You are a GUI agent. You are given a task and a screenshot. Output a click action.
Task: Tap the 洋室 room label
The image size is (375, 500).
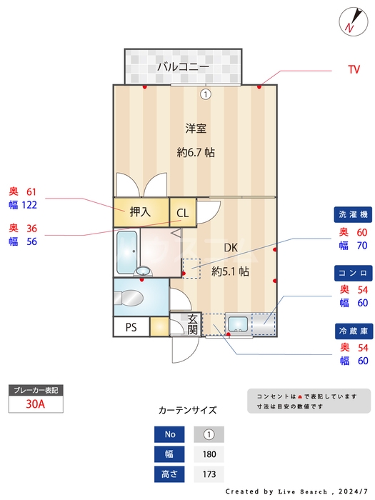pos(196,129)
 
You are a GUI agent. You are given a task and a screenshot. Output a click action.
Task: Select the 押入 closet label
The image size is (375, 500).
pos(140,211)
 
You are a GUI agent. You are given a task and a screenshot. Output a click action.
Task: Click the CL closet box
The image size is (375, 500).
pos(183,212)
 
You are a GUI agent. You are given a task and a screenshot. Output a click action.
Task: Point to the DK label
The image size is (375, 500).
pos(231,247)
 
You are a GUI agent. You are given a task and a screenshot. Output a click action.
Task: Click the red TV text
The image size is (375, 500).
pos(354,70)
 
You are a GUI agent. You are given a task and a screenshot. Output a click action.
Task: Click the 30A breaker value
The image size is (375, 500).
pos(35,404)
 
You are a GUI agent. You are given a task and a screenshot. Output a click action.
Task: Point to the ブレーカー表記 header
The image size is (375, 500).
pos(36,390)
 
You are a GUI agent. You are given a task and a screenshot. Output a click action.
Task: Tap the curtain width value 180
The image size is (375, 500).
pos(209,454)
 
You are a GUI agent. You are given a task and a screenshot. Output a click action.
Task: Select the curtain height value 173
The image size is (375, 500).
pos(209,474)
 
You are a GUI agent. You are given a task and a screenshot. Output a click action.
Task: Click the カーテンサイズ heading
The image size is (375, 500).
pos(187,411)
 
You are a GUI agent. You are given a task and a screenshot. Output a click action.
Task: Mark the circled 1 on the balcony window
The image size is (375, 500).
pos(206,94)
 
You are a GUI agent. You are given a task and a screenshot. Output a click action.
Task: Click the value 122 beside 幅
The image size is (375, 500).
pos(29,205)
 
